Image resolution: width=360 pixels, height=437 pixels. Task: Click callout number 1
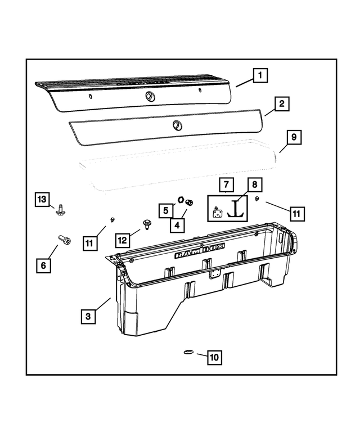click(x=259, y=74)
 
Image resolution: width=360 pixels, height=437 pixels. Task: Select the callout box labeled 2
click(x=282, y=103)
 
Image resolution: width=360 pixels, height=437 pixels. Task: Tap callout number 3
click(x=88, y=317)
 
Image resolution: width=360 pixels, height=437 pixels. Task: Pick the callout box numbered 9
click(x=294, y=137)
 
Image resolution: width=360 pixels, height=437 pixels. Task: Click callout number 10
click(x=214, y=357)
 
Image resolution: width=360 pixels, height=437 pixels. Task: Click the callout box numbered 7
click(x=226, y=184)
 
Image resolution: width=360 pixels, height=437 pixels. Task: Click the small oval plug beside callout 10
click(x=188, y=353)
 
